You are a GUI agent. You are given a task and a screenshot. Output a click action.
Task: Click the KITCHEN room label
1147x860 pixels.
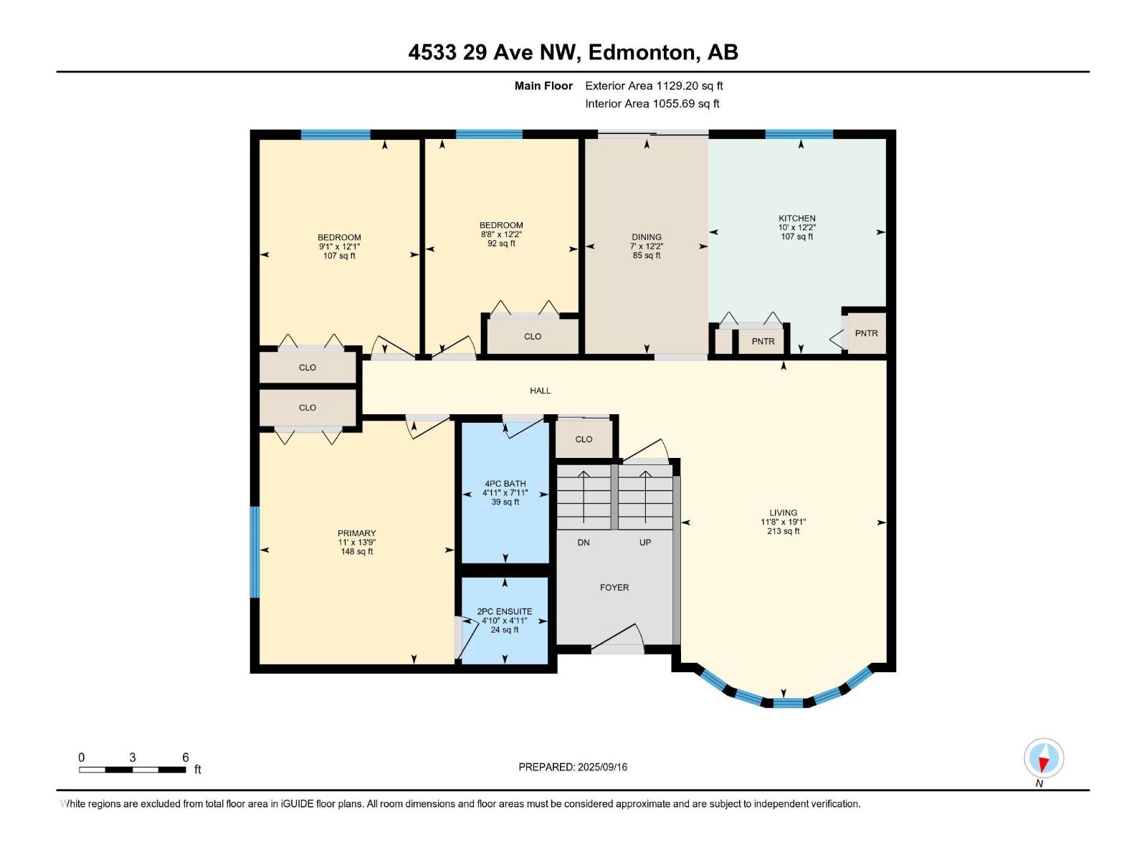(796, 219)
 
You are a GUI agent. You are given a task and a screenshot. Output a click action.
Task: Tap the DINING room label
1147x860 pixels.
(646, 237)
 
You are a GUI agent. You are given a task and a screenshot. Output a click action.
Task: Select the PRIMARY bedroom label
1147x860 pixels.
(356, 533)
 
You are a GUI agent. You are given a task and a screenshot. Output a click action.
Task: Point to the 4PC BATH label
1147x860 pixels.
(505, 484)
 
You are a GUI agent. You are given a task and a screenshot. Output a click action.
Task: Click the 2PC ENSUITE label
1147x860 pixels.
(504, 611)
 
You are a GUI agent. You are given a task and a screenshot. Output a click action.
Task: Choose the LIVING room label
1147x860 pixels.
(783, 512)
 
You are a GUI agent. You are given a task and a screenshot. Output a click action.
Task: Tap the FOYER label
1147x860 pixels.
(614, 588)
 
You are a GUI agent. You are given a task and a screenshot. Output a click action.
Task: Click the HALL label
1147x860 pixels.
(540, 391)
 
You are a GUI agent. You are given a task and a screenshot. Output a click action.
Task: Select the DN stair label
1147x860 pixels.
(583, 543)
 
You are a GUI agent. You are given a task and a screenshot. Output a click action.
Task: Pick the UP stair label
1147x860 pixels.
(644, 543)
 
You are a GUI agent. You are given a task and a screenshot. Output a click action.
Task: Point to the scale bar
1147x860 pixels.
(132, 770)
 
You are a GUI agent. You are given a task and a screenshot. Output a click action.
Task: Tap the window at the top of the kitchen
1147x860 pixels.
(799, 134)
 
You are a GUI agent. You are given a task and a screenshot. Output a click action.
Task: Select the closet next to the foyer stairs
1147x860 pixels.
(584, 439)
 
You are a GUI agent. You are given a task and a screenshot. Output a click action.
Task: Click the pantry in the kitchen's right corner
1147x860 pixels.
(866, 333)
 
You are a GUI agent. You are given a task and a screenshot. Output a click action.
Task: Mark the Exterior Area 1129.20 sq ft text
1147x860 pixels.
(654, 85)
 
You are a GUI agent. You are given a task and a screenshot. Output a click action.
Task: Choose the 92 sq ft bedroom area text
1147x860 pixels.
(501, 244)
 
